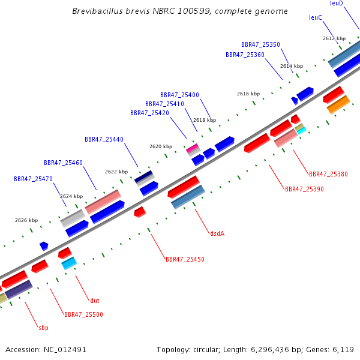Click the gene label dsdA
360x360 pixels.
click(217, 233)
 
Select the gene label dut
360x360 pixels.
click(95, 301)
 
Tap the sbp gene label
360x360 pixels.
click(43, 328)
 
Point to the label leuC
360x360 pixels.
click(316, 17)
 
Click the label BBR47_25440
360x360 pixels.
click(104, 139)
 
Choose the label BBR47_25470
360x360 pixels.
click(33, 179)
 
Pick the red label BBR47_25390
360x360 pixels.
click(304, 189)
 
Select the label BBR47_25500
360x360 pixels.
click(83, 314)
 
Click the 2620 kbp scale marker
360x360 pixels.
click(161, 146)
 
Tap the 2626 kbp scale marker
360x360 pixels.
click(26, 220)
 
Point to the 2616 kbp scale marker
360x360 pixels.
click(248, 94)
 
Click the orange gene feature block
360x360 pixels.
click(338, 104)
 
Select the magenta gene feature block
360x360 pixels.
click(192, 148)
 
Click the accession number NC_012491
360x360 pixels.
click(65, 350)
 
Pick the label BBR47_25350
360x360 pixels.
click(260, 44)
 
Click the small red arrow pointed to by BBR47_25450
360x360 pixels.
click(140, 212)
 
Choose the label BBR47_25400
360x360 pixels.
click(179, 95)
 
